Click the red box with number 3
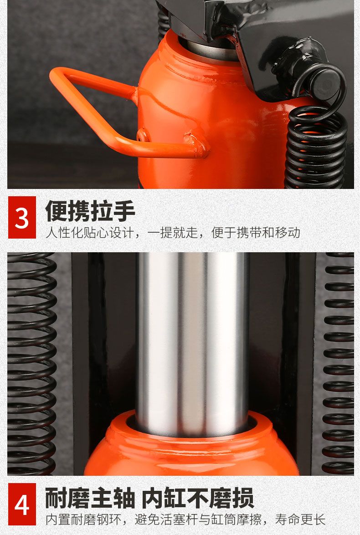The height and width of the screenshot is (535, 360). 22,217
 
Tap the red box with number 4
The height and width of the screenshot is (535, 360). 22,504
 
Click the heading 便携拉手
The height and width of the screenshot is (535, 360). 90,211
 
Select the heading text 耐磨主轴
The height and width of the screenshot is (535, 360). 90,498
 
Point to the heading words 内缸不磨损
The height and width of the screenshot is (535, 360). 197,498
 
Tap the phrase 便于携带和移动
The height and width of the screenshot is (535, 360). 256,233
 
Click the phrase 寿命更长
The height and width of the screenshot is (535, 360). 300,520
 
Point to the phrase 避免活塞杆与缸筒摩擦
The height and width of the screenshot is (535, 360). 198,520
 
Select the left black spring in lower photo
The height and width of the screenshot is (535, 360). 31,364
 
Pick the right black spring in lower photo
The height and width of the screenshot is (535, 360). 338,364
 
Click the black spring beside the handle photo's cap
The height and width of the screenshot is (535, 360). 316,147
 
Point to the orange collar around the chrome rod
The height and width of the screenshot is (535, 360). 192,443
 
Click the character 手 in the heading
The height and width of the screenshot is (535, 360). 124,211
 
